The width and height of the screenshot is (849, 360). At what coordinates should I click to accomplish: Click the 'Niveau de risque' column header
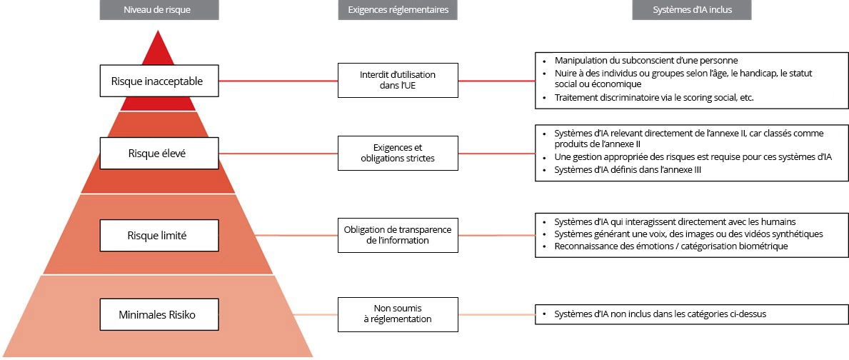pyautogui.click(x=159, y=10)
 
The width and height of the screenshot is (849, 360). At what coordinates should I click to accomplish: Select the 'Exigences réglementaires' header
pyautogui.click(x=397, y=10)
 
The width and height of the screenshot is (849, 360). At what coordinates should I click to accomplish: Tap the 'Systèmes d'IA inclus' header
pyautogui.click(x=691, y=10)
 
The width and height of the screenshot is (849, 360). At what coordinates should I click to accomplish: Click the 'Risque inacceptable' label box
pyautogui.click(x=158, y=81)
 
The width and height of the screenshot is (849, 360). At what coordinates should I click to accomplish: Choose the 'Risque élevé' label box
pyautogui.click(x=158, y=152)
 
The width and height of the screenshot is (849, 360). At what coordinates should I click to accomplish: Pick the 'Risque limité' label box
pyautogui.click(x=158, y=235)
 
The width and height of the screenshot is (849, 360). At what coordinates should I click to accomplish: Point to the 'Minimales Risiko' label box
pyautogui.click(x=158, y=314)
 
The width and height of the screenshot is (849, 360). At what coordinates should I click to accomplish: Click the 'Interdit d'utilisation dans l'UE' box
pyautogui.click(x=397, y=79)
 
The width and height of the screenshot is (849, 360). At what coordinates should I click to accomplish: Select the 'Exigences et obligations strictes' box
pyautogui.click(x=397, y=153)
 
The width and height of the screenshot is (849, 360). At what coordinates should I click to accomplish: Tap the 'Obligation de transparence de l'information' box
pyautogui.click(x=397, y=234)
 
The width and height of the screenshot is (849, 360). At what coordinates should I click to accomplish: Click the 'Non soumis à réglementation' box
pyautogui.click(x=397, y=314)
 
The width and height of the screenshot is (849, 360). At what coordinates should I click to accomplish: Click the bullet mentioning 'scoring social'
pyautogui.click(x=653, y=97)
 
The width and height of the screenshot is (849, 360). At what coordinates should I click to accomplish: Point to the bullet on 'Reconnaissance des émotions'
pyautogui.click(x=670, y=246)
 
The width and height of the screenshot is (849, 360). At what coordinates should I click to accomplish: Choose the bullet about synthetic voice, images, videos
pyautogui.click(x=688, y=234)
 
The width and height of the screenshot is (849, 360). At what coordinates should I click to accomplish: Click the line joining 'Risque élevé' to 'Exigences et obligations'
pyautogui.click(x=278, y=153)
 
